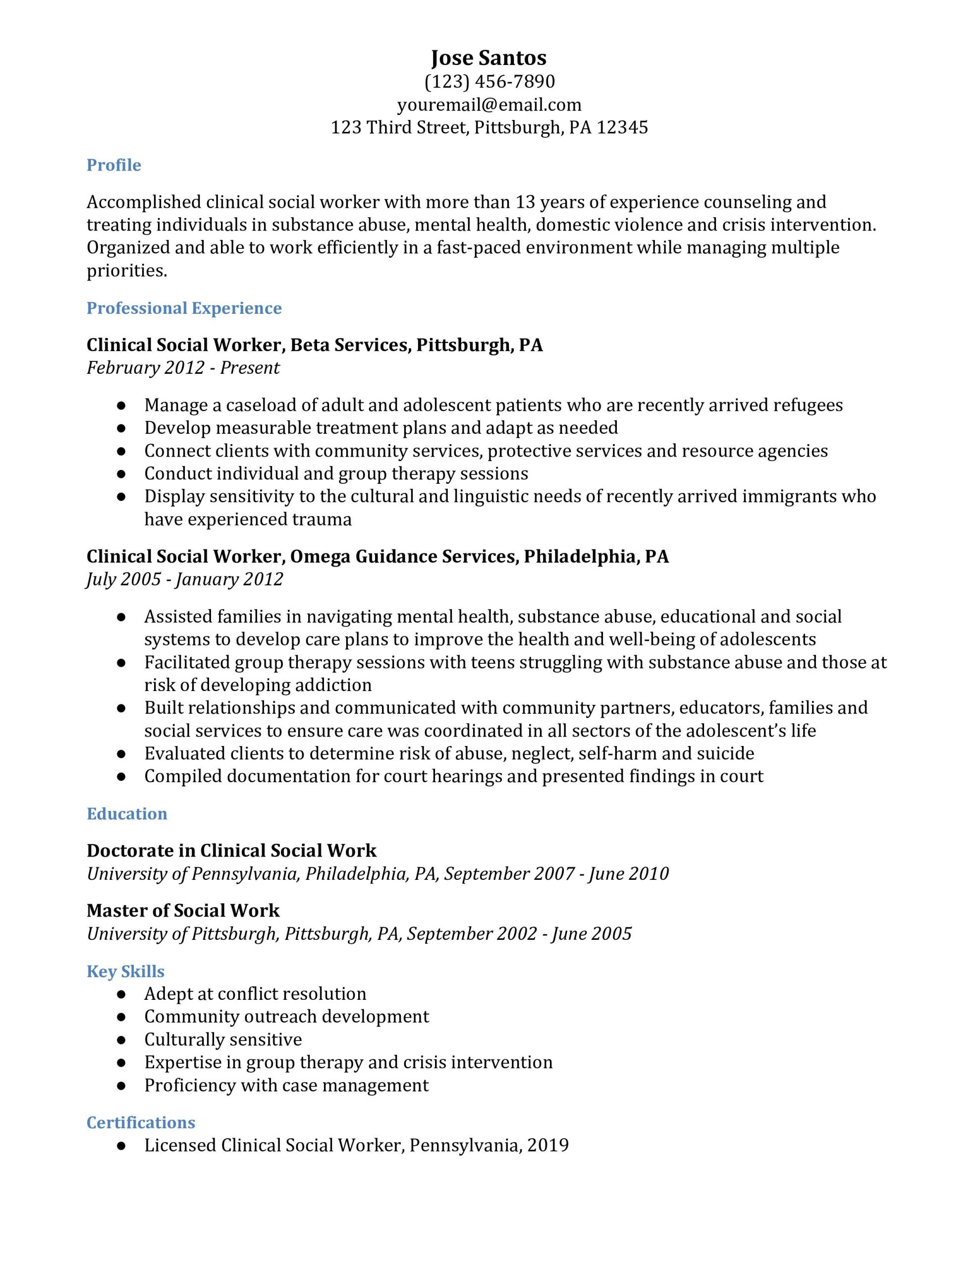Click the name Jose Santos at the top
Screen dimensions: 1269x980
pos(489,58)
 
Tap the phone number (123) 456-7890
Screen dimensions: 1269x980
pos(489,81)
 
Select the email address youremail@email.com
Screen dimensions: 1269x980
pos(489,105)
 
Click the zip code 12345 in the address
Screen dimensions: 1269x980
pos(622,127)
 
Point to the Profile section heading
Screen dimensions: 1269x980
pos(114,165)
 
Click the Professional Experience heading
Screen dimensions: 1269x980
pos(184,308)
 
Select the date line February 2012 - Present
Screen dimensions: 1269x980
pos(183,368)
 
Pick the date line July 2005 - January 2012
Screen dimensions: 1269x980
pos(185,579)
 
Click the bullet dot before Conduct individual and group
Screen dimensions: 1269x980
pos(121,474)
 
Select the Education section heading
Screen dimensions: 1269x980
pos(127,813)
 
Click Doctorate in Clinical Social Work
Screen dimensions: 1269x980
pos(231,851)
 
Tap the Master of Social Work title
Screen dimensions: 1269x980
pos(183,911)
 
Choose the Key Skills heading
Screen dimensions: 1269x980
pos(125,972)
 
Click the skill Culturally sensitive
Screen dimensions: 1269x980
pos(223,1039)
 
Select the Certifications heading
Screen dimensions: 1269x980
pos(141,1123)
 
